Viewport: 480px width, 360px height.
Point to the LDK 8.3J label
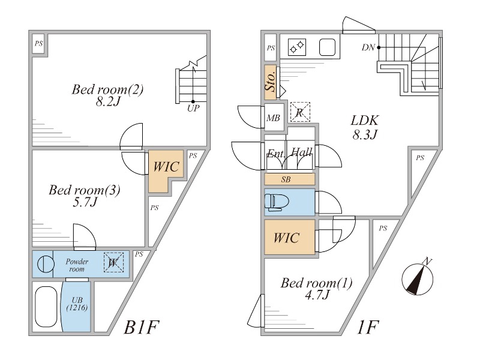click(364, 126)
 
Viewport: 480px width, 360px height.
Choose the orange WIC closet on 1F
click(289, 238)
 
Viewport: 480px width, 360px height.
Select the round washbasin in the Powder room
click(43, 263)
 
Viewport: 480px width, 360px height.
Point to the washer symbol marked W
click(113, 262)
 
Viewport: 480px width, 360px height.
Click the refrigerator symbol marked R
click(299, 112)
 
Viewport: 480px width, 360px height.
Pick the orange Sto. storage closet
click(271, 81)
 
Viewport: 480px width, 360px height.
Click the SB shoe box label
click(289, 179)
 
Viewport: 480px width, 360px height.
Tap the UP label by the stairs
click(193, 109)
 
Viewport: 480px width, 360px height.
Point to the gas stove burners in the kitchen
click(297, 46)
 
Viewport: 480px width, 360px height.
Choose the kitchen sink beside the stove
click(327, 46)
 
